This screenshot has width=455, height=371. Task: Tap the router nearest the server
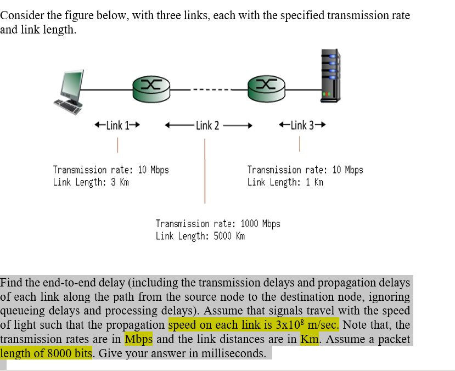pos(266,86)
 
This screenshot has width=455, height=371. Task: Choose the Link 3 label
pos(302,125)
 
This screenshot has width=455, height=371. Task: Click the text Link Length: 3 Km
pos(91,182)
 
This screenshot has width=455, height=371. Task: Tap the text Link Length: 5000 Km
pos(200,236)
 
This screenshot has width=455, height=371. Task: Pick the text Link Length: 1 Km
pos(285,182)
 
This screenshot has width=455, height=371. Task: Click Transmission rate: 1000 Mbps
pos(218,224)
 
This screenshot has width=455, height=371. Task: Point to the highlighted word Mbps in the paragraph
pos(138,339)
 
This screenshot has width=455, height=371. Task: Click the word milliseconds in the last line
pos(232,353)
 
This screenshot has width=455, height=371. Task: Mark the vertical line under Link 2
pos(205,171)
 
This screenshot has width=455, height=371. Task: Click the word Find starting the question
pos(12,283)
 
